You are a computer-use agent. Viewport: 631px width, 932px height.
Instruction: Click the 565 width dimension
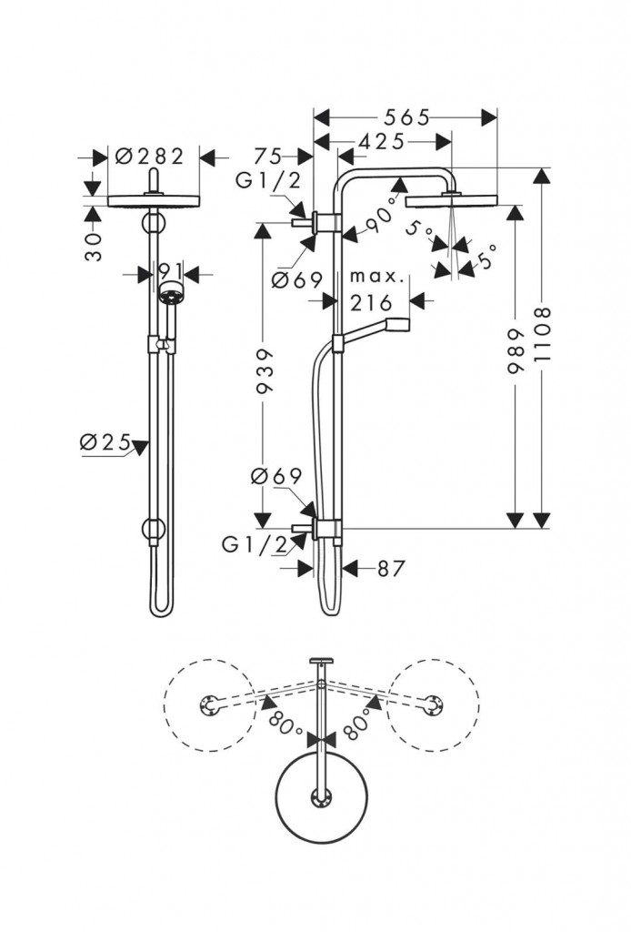[x=405, y=117]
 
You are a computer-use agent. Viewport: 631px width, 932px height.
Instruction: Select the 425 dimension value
[x=381, y=142]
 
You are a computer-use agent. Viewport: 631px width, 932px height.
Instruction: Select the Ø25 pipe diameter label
[x=102, y=442]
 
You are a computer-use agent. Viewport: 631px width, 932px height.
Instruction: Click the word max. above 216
[x=371, y=275]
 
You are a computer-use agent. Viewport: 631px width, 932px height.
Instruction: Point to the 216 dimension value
[x=372, y=302]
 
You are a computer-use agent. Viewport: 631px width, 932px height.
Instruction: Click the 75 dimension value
[x=268, y=156]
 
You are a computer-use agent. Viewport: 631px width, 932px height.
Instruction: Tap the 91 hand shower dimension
[x=170, y=271]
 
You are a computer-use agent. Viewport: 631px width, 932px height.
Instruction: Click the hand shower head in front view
[x=170, y=293]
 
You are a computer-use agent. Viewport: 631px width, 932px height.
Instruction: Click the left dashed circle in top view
[x=209, y=706]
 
